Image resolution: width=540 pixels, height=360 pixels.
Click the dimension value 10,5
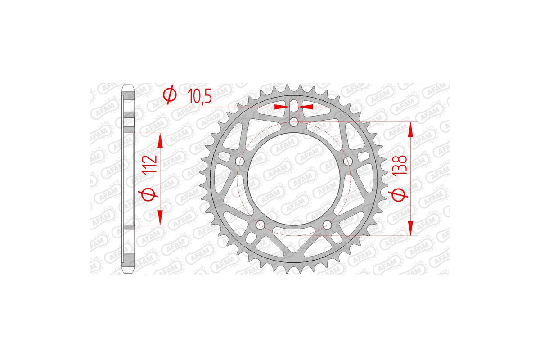198,96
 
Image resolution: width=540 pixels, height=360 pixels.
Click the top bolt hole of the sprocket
294,121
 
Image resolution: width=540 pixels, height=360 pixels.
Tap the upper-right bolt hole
347,161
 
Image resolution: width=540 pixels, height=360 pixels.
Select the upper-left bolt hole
239,161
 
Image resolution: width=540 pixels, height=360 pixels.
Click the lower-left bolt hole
260,224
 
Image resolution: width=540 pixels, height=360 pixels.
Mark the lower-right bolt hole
327,224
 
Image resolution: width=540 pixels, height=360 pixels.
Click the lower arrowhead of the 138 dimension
410,229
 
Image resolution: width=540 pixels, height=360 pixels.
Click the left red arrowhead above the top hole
279,107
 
